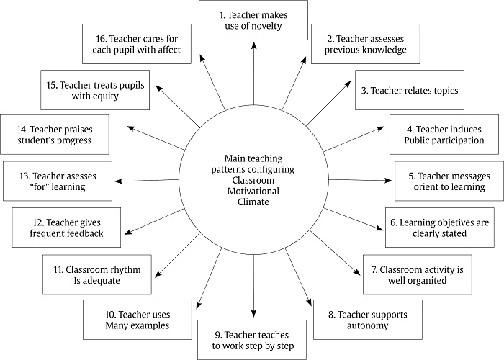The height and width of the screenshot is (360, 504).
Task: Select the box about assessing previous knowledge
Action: tap(359, 44)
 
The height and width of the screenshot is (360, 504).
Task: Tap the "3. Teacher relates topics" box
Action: tap(410, 91)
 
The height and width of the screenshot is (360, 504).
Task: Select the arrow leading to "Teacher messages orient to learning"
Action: tap(360, 180)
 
